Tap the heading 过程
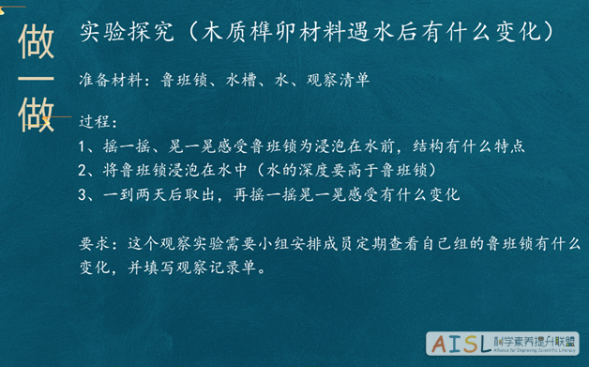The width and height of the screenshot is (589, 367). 96,123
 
